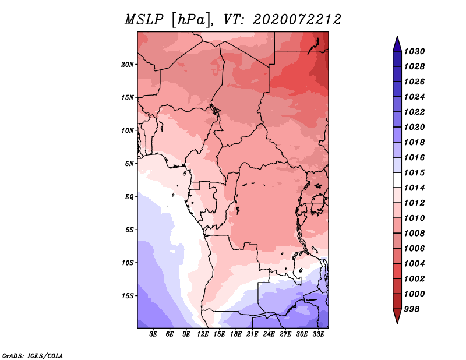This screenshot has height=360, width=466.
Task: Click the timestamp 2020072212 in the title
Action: click(x=296, y=19)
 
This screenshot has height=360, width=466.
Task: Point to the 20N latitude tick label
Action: click(x=128, y=64)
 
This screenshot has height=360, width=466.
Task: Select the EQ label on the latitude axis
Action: click(x=129, y=196)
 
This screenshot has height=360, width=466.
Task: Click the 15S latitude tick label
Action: click(x=128, y=295)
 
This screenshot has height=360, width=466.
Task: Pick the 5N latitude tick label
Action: click(x=129, y=163)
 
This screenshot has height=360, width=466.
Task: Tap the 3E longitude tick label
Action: click(x=154, y=334)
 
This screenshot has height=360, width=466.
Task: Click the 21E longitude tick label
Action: click(x=253, y=334)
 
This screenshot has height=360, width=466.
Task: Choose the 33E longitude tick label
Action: click(x=319, y=334)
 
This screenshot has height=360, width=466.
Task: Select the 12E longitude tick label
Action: click(x=203, y=334)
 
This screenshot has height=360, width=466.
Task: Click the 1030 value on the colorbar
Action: click(x=415, y=51)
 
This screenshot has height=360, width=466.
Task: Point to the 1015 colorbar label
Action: click(x=415, y=173)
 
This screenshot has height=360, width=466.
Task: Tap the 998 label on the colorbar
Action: click(x=413, y=309)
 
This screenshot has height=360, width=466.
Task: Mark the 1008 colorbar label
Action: click(x=415, y=233)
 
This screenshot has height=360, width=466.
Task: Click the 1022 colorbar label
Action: click(x=415, y=112)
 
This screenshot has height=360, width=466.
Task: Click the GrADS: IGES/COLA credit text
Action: click(x=33, y=355)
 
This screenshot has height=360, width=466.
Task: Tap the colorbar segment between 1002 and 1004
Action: click(x=397, y=271)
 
